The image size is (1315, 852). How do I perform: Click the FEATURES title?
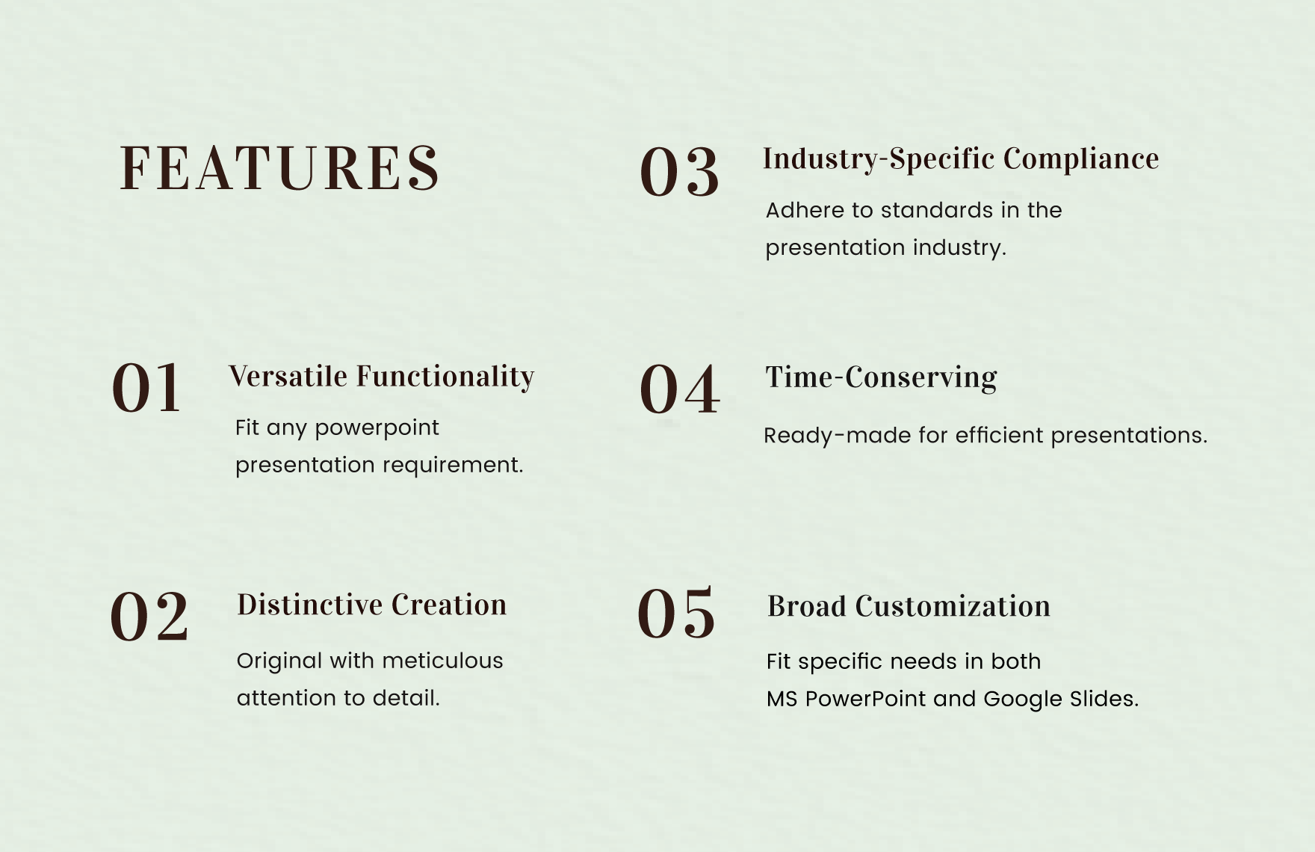279,168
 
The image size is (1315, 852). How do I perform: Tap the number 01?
146,388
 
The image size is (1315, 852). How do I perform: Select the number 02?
149,617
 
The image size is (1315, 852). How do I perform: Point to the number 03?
679,172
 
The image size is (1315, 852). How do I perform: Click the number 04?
679,389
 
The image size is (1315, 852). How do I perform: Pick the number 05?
676,613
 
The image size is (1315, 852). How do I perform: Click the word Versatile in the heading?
288,376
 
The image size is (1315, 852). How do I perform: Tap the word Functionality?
445,377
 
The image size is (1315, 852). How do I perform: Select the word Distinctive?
310,605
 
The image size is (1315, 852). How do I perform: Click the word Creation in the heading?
449,605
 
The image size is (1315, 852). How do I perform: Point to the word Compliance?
1081,159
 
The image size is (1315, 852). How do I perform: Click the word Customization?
953,606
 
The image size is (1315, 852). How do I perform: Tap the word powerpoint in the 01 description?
377,428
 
